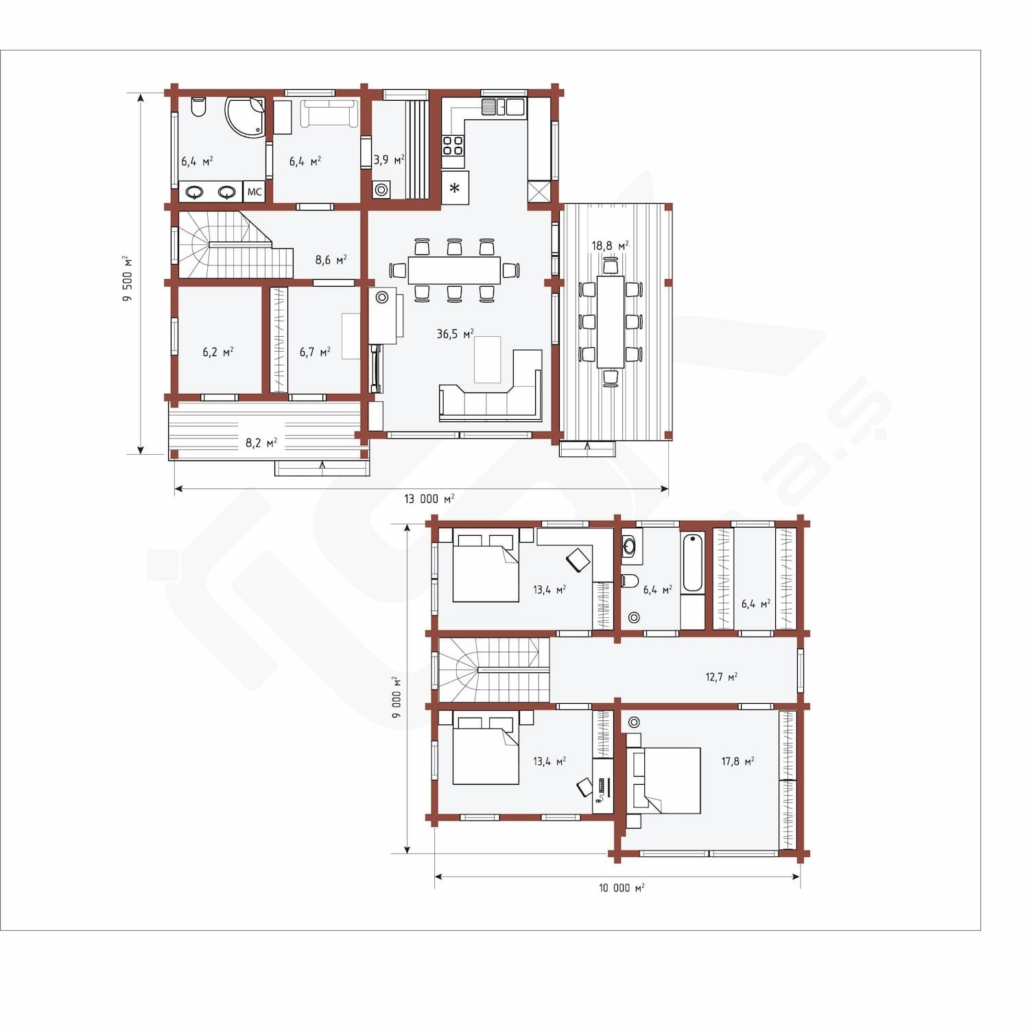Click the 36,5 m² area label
455,334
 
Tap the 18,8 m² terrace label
610,246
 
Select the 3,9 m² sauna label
389,160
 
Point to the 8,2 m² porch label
261,443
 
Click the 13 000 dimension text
429,499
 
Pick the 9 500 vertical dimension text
127,279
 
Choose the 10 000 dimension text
622,888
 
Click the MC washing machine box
255,192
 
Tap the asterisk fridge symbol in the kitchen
455,188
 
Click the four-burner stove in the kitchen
453,145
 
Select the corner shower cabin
246,117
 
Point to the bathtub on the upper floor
693,562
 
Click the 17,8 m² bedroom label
738,761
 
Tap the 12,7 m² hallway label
722,677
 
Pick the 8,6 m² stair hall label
331,260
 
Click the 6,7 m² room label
315,352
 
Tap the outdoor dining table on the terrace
611,322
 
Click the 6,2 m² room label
218,352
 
